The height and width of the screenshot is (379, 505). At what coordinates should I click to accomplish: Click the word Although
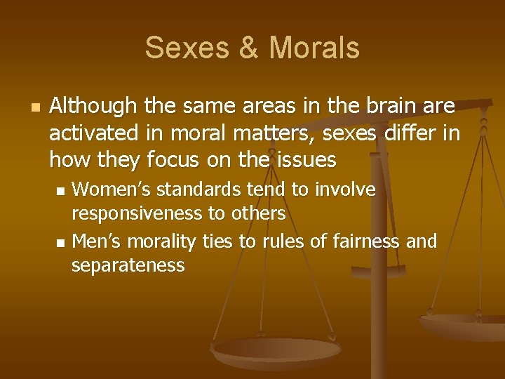93,106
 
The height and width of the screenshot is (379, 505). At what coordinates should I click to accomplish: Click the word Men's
96,242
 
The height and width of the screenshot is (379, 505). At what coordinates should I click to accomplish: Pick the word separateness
128,265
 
